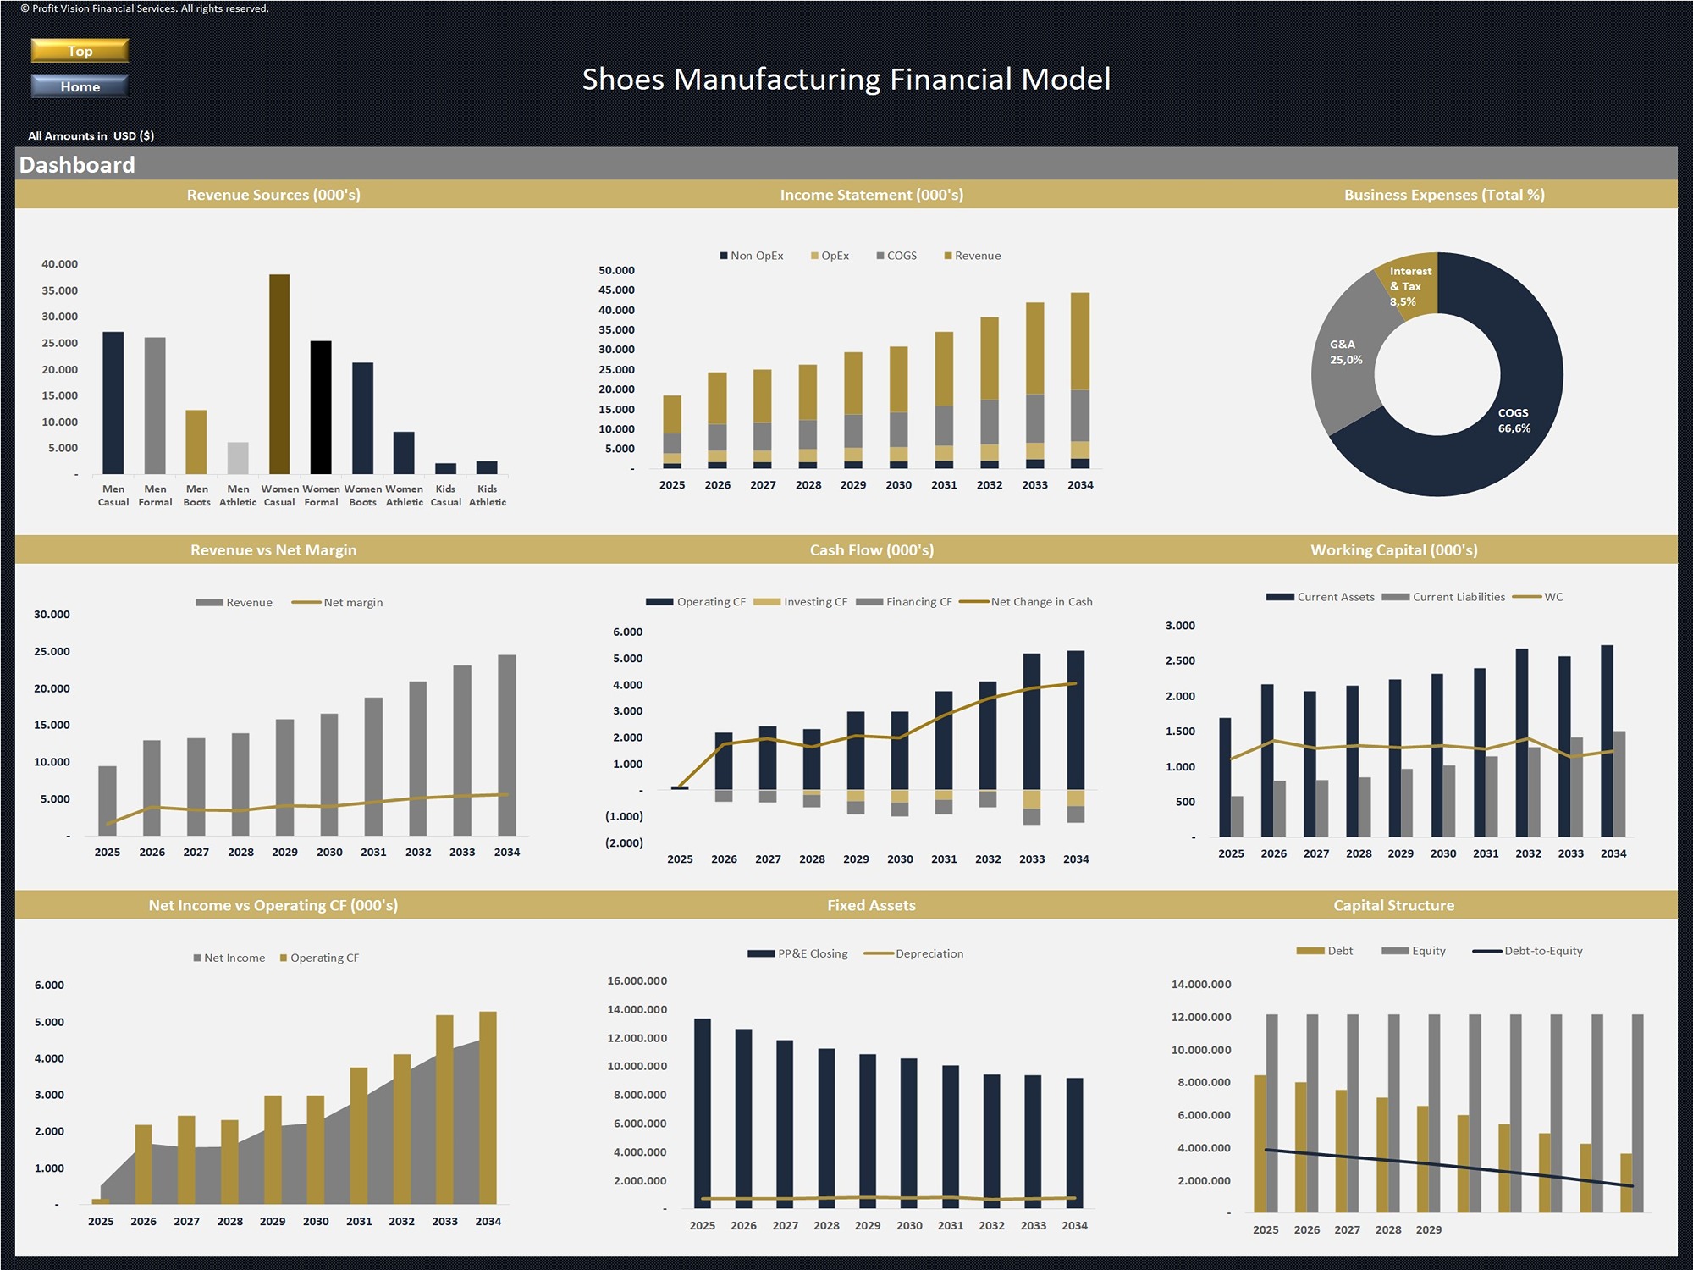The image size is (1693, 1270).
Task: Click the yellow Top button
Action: click(80, 51)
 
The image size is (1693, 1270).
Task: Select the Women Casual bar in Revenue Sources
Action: click(279, 373)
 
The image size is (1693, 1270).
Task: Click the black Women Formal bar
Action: click(321, 406)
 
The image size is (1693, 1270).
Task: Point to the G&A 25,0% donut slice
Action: click(1346, 352)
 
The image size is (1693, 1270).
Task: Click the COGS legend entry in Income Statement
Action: click(896, 256)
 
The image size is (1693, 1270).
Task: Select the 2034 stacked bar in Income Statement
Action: click(1079, 381)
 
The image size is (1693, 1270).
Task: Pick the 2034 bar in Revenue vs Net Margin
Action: click(506, 745)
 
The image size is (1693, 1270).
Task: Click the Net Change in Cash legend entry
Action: click(1025, 602)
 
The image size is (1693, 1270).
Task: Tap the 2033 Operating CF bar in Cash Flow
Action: click(1031, 720)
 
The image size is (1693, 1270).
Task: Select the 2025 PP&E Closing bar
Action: click(703, 1109)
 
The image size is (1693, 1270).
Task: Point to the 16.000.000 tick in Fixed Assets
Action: click(637, 980)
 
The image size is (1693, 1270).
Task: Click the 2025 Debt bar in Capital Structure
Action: click(1260, 1143)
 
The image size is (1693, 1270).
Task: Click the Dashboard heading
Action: click(77, 164)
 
